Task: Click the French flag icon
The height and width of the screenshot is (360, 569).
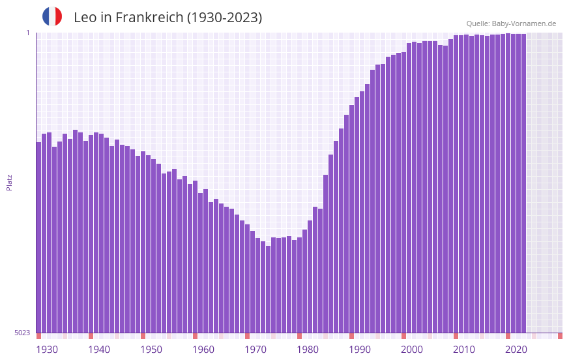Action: [x=52, y=16]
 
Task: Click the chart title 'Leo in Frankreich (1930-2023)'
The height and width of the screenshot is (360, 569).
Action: [x=168, y=18]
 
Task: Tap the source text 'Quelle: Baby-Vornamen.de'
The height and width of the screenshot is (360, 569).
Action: [x=511, y=23]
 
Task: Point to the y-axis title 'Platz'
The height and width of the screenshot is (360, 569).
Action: [x=9, y=182]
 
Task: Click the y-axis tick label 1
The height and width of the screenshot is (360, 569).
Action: [x=27, y=33]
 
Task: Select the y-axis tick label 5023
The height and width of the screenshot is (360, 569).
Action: [x=22, y=333]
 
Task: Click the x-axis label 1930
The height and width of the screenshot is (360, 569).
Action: [x=47, y=350]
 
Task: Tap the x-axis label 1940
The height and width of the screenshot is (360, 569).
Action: [x=99, y=350]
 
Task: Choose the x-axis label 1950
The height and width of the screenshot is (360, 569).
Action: [x=151, y=350]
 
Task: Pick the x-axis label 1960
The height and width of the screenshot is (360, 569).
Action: [x=203, y=350]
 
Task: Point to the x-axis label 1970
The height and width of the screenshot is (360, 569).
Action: [x=255, y=350]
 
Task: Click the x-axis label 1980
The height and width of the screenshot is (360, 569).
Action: [x=308, y=350]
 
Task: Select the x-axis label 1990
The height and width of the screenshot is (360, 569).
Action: [x=360, y=350]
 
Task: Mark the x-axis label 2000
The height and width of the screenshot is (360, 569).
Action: [x=412, y=350]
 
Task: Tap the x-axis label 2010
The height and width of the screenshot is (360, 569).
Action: [x=464, y=350]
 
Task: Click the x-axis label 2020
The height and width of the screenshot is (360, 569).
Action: [x=516, y=350]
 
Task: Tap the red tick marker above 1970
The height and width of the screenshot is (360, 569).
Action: [x=247, y=336]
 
